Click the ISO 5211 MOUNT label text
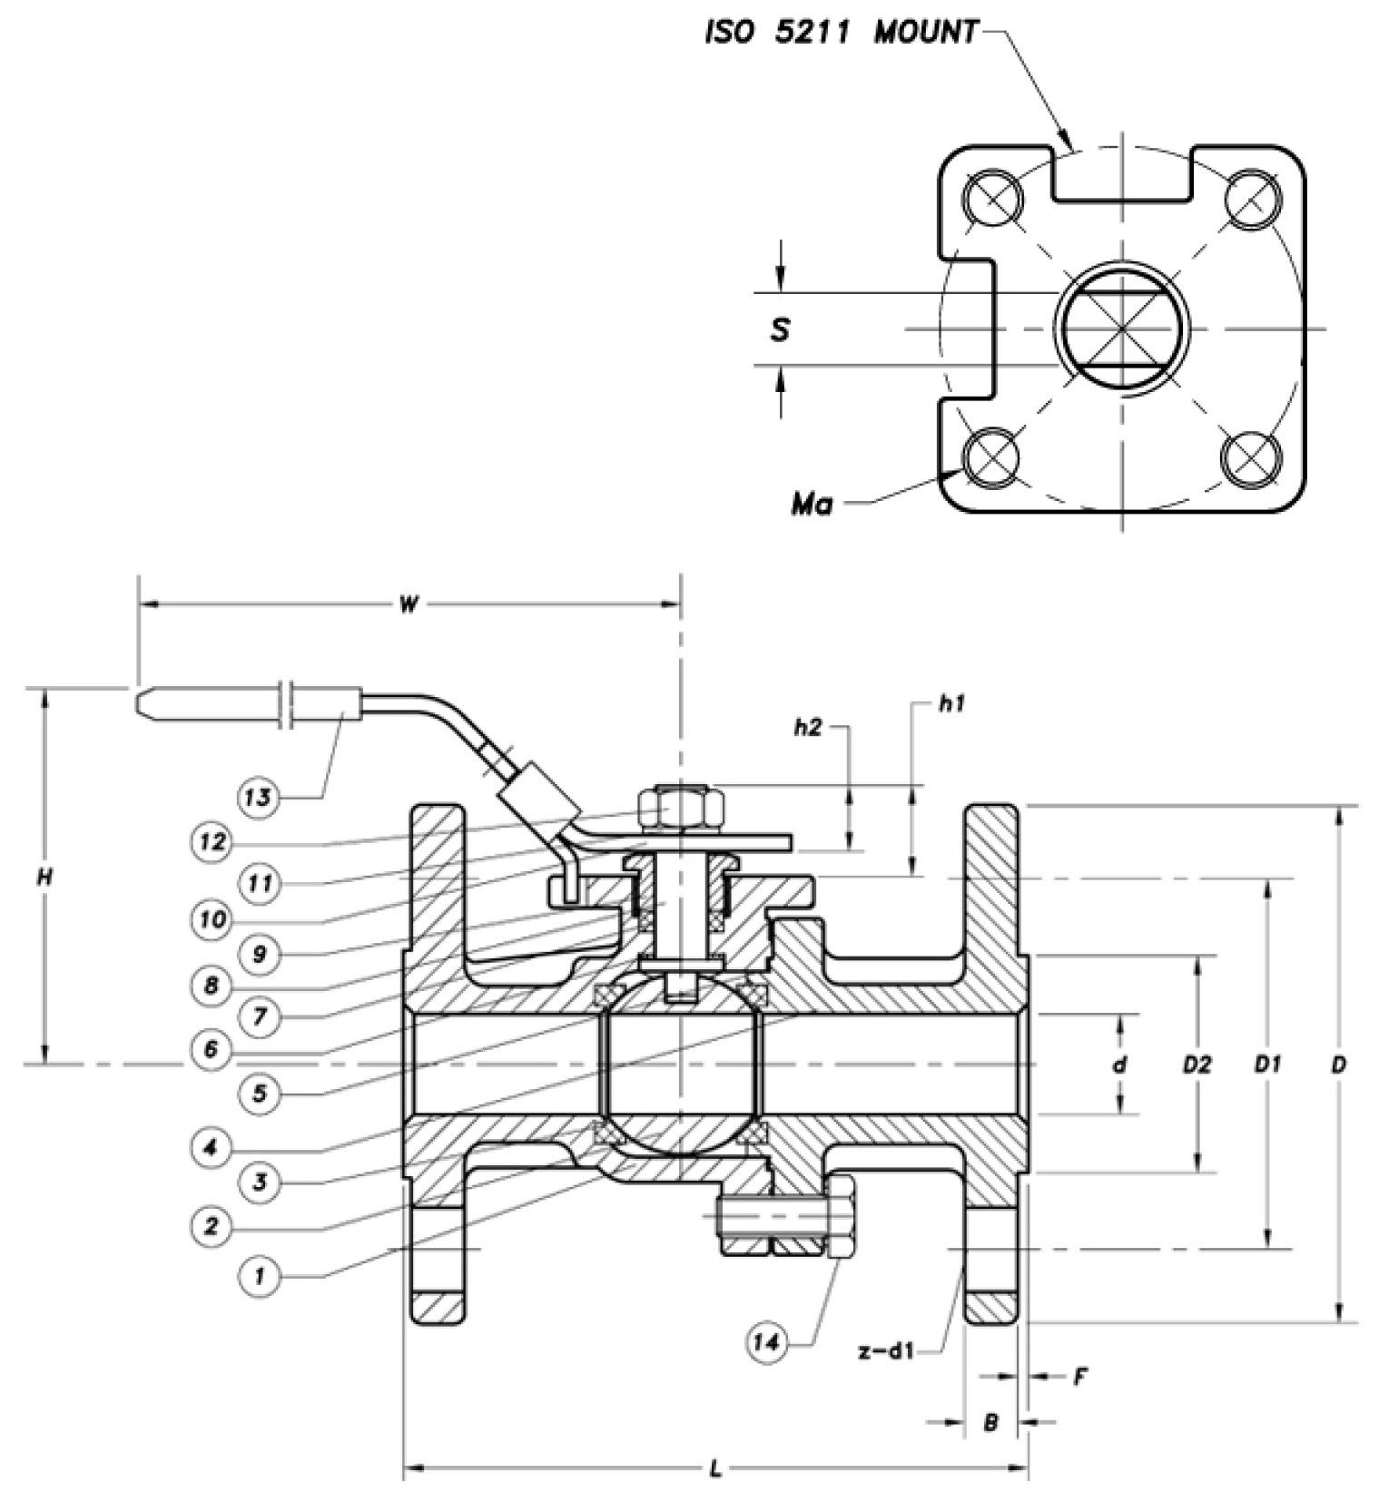842,34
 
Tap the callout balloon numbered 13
258,798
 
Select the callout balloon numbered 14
767,1341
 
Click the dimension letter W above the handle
409,605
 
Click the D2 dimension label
1197,1065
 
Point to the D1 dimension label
1268,1065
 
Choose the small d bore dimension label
1120,1065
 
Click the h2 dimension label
807,727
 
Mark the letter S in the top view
779,330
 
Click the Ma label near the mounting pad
812,505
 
